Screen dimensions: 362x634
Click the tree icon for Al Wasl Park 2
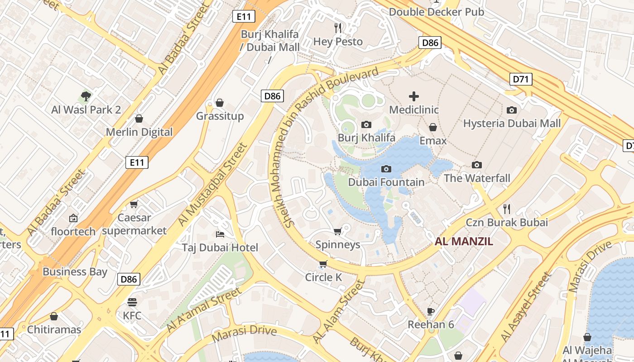click(86, 96)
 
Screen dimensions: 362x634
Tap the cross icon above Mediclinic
click(414, 96)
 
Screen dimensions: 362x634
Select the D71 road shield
click(521, 80)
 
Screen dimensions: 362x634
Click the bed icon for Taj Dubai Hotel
click(220, 234)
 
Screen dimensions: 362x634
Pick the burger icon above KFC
click(132, 302)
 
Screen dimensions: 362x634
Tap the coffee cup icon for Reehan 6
click(431, 311)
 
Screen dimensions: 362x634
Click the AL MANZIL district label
click(464, 241)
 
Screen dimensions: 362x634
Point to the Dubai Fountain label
click(386, 182)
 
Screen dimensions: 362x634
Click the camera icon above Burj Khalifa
click(366, 124)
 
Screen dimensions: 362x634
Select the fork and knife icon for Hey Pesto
click(338, 28)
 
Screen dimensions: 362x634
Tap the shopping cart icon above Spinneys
click(337, 232)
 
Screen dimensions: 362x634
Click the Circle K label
click(323, 277)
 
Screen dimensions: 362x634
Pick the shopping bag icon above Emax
click(433, 127)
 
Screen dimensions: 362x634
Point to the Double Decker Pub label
click(437, 12)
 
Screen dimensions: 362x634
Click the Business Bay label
click(75, 271)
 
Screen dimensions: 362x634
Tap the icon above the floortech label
click(73, 218)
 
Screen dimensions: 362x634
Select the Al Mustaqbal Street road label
click(212, 184)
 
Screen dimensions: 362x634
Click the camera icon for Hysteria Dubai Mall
click(512, 110)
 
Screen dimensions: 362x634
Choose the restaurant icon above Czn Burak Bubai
click(507, 209)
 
